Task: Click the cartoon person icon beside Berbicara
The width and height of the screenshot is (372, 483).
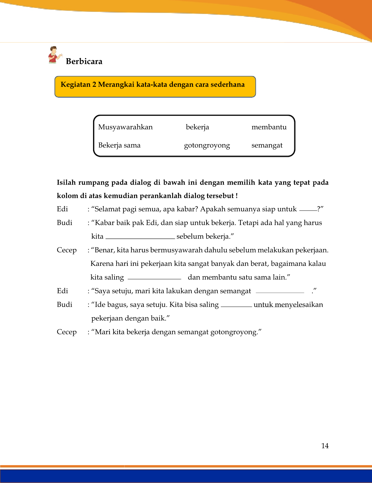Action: pos(54,55)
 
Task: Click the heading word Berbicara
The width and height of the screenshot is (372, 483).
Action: pos(84,61)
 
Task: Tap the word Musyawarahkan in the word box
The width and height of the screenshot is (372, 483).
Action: pos(125,127)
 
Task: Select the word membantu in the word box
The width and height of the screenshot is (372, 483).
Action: pos(269,127)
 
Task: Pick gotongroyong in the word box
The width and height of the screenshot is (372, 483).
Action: pos(207,145)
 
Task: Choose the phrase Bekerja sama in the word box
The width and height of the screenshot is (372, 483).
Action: pos(119,145)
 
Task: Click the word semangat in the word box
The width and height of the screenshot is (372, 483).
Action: pos(267,145)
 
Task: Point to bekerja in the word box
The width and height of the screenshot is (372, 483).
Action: pos(197,127)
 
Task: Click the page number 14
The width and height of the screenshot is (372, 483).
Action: pos(325,446)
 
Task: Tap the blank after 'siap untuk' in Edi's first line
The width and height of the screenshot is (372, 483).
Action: pos(308,210)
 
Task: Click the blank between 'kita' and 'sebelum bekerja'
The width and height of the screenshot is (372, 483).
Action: pos(140,237)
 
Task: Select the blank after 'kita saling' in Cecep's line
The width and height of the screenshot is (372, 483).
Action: pos(154,278)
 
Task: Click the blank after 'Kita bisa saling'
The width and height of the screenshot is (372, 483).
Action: pos(236,305)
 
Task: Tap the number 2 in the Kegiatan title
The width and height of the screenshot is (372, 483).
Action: pos(94,85)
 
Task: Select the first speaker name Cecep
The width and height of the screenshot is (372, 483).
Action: pos(67,250)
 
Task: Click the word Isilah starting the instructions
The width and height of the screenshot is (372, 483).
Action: pos(66,183)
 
